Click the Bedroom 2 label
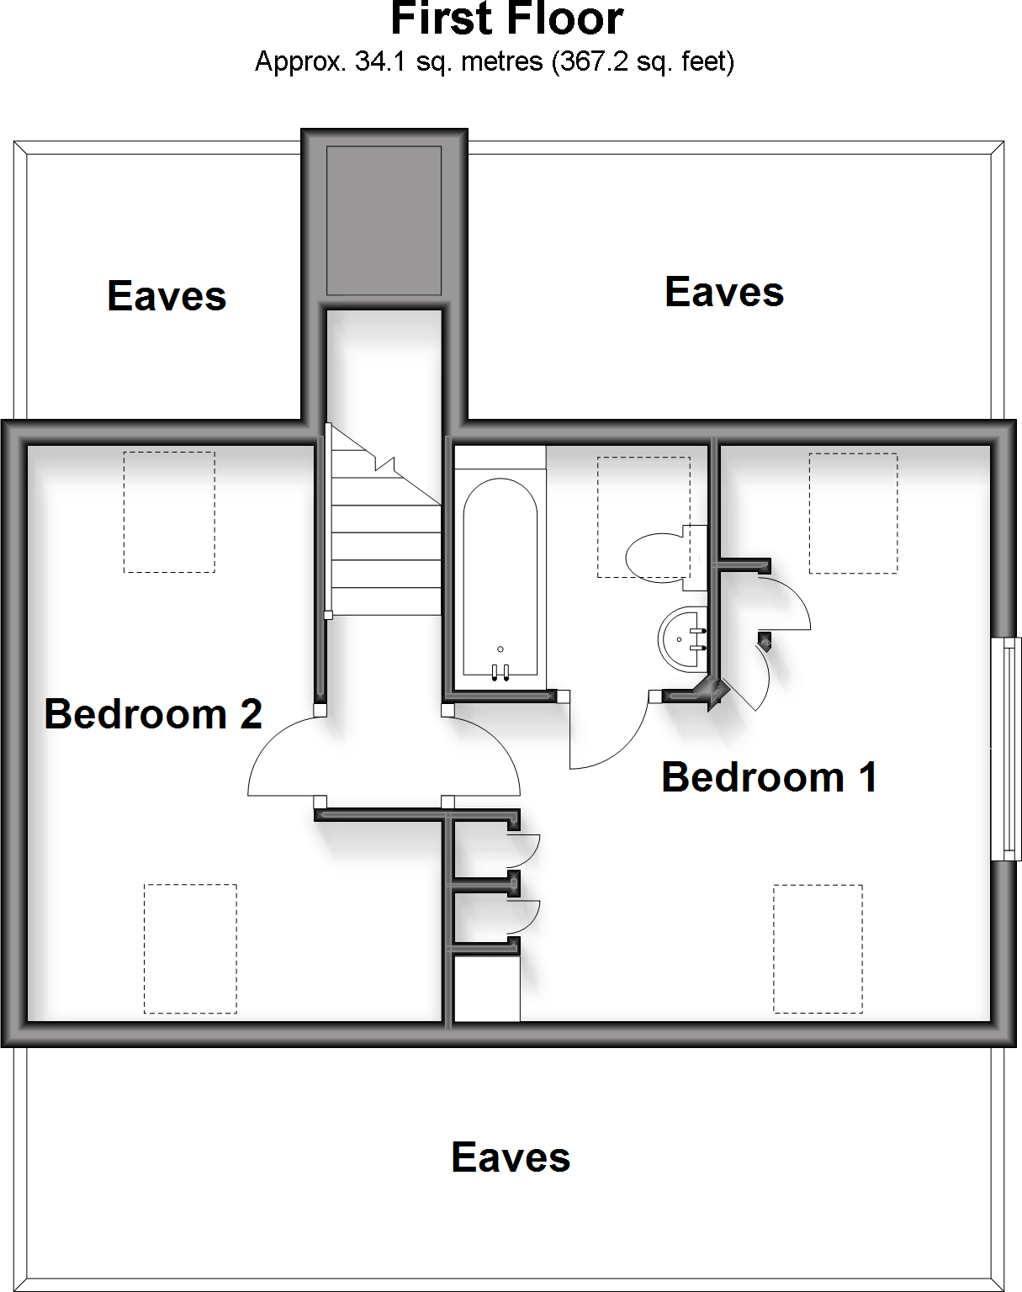[153, 714]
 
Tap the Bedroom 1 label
[769, 776]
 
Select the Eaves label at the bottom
[511, 1157]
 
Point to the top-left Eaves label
[167, 296]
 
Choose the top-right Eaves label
[723, 292]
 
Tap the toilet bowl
[656, 557]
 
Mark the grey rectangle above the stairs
[384, 220]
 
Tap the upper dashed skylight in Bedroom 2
[169, 512]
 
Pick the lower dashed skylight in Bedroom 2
[190, 948]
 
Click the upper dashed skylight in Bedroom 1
[853, 513]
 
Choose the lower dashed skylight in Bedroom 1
[818, 948]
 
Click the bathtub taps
[500, 670]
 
